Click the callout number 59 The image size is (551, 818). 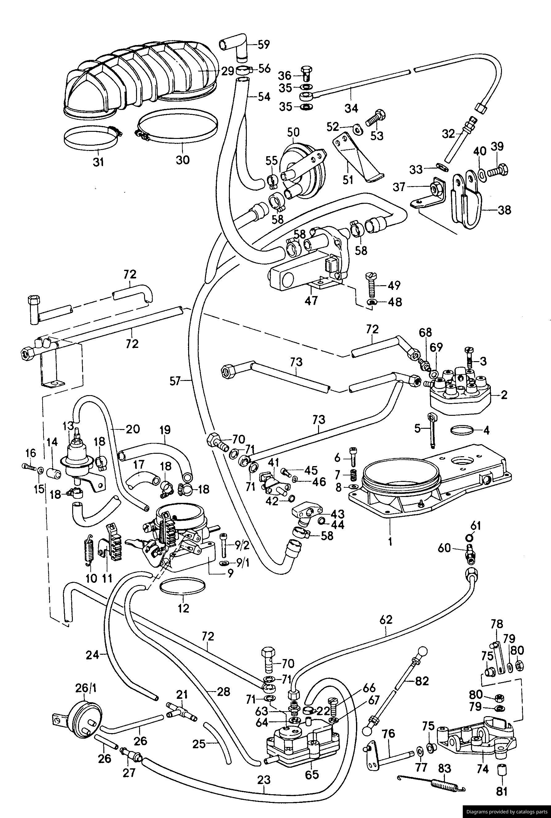[x=263, y=45]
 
